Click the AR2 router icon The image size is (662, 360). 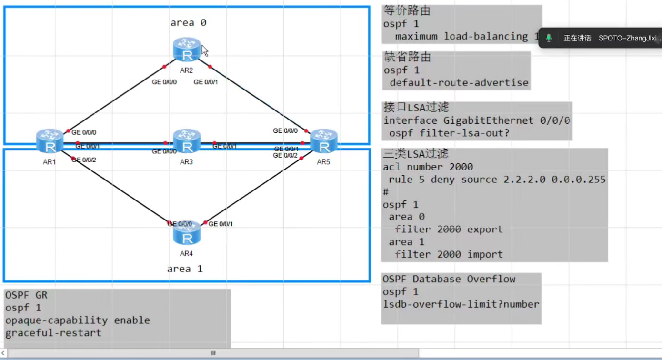[187, 50]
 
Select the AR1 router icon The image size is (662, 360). [50, 141]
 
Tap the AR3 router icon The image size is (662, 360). [187, 141]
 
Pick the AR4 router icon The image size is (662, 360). [187, 233]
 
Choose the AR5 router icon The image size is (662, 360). [324, 141]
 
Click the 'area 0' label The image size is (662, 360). [189, 23]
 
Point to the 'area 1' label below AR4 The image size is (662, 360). [185, 269]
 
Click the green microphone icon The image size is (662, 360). [549, 38]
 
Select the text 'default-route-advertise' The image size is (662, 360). [459, 83]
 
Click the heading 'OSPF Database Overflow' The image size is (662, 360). [449, 279]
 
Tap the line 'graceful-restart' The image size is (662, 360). [53, 333]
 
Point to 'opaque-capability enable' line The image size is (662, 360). [78, 320]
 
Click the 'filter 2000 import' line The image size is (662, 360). [449, 255]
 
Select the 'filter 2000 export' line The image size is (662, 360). [449, 230]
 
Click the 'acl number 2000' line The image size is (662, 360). [428, 167]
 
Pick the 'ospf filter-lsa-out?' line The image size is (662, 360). [449, 133]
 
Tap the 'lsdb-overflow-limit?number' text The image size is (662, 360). [461, 304]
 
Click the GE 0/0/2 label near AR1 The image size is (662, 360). [84, 160]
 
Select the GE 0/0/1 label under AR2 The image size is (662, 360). [206, 82]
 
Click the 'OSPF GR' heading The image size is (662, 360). [26, 295]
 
